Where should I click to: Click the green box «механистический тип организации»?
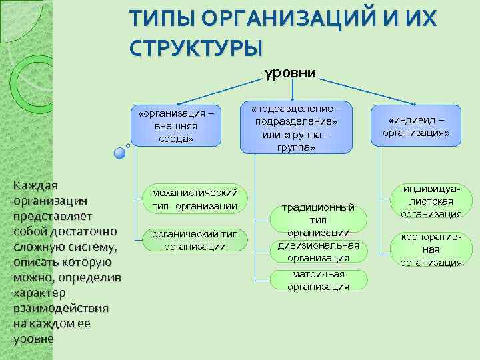[x=195, y=199]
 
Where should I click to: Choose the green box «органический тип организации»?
[x=195, y=240]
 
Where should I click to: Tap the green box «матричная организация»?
[x=318, y=281]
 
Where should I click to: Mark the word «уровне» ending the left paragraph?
[x=33, y=339]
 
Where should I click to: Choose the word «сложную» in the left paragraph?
[x=39, y=247]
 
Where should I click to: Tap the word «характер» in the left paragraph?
[x=39, y=293]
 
